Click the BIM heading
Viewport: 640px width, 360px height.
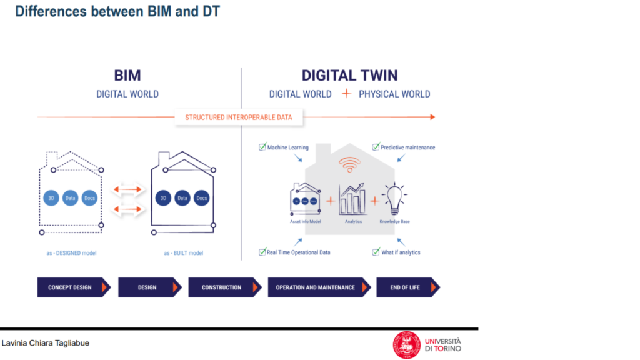[127, 76]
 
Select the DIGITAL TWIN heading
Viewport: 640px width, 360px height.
[349, 76]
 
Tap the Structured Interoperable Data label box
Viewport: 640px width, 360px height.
[238, 117]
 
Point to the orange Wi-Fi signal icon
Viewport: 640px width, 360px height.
[350, 165]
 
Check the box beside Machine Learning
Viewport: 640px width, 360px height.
[262, 147]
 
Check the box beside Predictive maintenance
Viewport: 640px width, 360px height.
[376, 147]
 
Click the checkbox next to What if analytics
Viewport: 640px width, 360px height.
[376, 252]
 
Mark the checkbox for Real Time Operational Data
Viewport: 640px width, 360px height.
[262, 252]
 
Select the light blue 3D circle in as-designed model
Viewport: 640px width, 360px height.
[52, 198]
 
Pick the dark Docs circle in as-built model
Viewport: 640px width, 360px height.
[201, 198]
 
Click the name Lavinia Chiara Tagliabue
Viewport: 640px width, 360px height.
[46, 343]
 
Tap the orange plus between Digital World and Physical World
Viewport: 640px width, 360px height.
[346, 94]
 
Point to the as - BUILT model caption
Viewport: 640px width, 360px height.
[183, 253]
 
